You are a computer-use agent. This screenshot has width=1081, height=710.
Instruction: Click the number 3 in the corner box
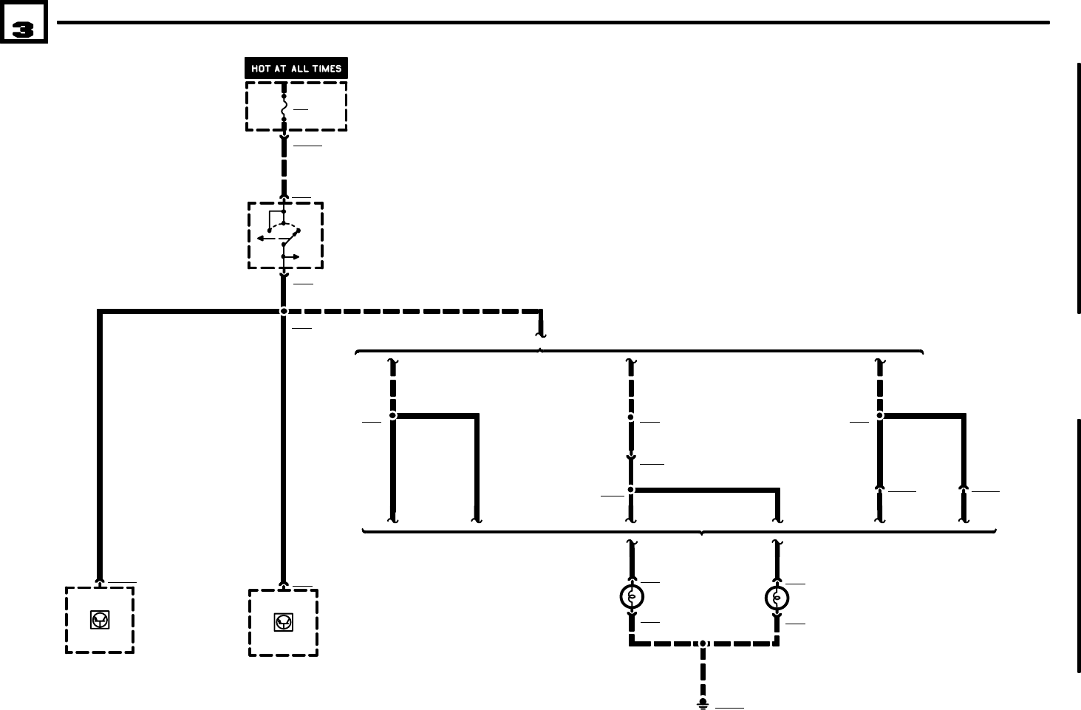click(23, 30)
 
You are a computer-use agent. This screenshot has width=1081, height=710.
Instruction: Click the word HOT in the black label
click(261, 69)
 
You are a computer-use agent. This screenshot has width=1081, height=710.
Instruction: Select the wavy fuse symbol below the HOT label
click(284, 107)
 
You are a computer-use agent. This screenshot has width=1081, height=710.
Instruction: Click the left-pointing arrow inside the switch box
click(262, 239)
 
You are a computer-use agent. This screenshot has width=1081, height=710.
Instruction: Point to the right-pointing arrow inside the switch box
click(294, 256)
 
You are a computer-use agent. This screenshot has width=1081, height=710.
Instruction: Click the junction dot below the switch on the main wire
click(283, 311)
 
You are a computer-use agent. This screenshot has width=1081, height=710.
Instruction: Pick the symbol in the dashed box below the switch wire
click(283, 623)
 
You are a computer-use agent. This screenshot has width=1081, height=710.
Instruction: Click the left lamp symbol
click(632, 596)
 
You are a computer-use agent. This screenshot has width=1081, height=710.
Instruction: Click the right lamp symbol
click(777, 597)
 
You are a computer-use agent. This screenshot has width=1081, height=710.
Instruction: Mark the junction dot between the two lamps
click(703, 644)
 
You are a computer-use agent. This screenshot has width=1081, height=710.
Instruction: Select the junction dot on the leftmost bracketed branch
click(392, 416)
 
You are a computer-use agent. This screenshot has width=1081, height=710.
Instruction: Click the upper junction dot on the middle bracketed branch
click(630, 417)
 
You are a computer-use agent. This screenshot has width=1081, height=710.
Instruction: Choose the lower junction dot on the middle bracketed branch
click(630, 489)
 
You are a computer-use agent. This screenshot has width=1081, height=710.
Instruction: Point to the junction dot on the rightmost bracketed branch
click(879, 416)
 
